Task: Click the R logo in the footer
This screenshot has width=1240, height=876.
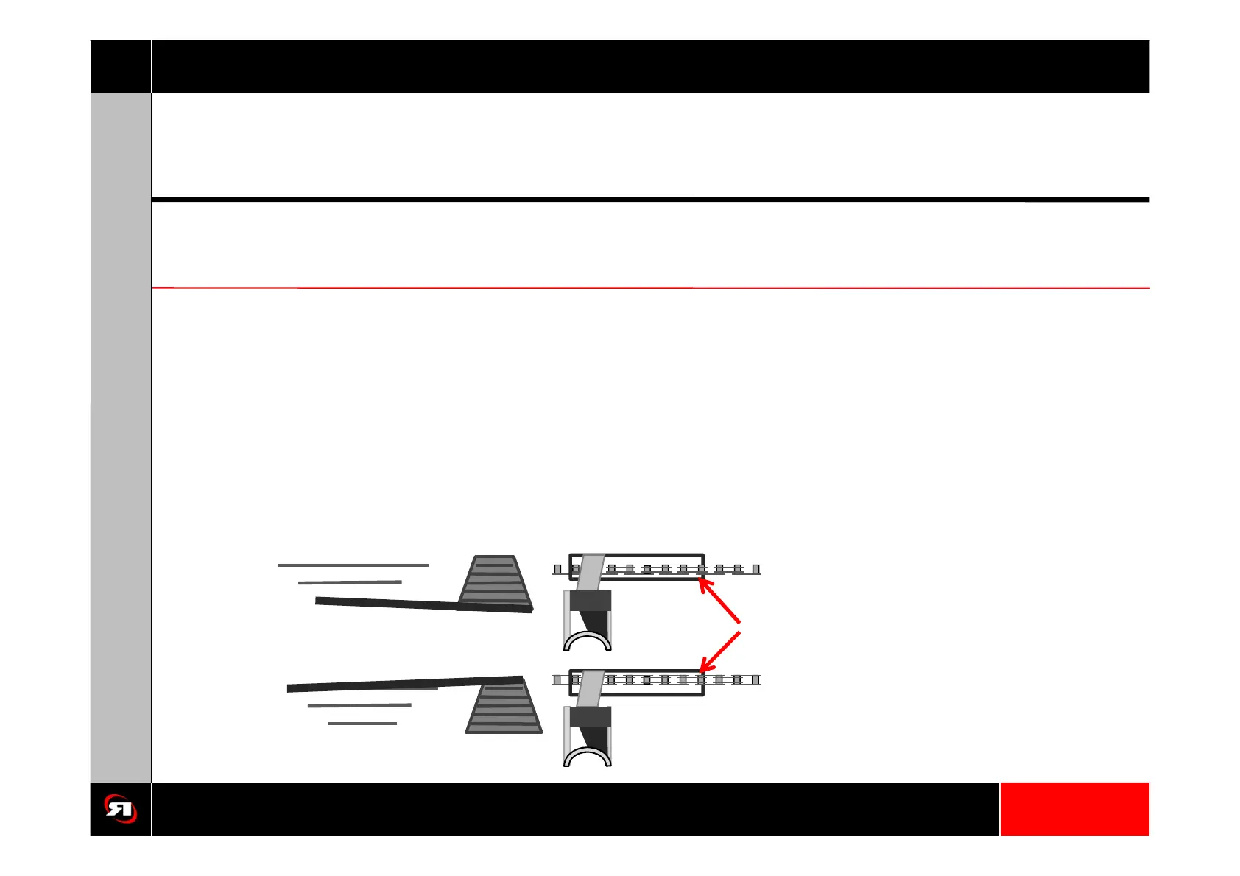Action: [x=120, y=808]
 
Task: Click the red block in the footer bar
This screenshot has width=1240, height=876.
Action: [x=1074, y=808]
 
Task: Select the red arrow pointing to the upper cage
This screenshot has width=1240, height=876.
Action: [x=719, y=601]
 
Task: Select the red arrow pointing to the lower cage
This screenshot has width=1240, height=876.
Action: [x=719, y=651]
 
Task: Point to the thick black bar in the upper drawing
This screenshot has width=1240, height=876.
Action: [x=423, y=605]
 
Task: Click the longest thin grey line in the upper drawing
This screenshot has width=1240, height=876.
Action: [x=353, y=565]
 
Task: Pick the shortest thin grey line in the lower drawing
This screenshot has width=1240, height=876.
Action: [x=362, y=724]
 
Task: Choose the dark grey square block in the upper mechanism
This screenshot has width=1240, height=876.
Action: [x=590, y=601]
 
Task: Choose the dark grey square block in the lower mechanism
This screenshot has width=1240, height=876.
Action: [x=590, y=717]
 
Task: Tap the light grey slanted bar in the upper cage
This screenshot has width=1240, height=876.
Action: [x=590, y=572]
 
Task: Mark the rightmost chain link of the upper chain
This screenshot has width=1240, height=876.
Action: [x=755, y=569]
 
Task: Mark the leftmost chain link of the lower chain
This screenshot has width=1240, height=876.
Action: [x=557, y=680]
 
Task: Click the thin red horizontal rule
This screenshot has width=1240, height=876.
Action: [x=650, y=288]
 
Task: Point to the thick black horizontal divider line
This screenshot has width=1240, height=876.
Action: [x=650, y=199]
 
